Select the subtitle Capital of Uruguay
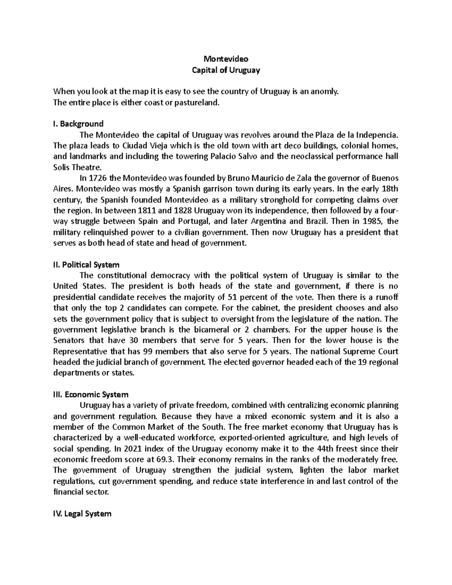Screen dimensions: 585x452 [226, 70]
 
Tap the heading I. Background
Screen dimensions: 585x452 [79, 124]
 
